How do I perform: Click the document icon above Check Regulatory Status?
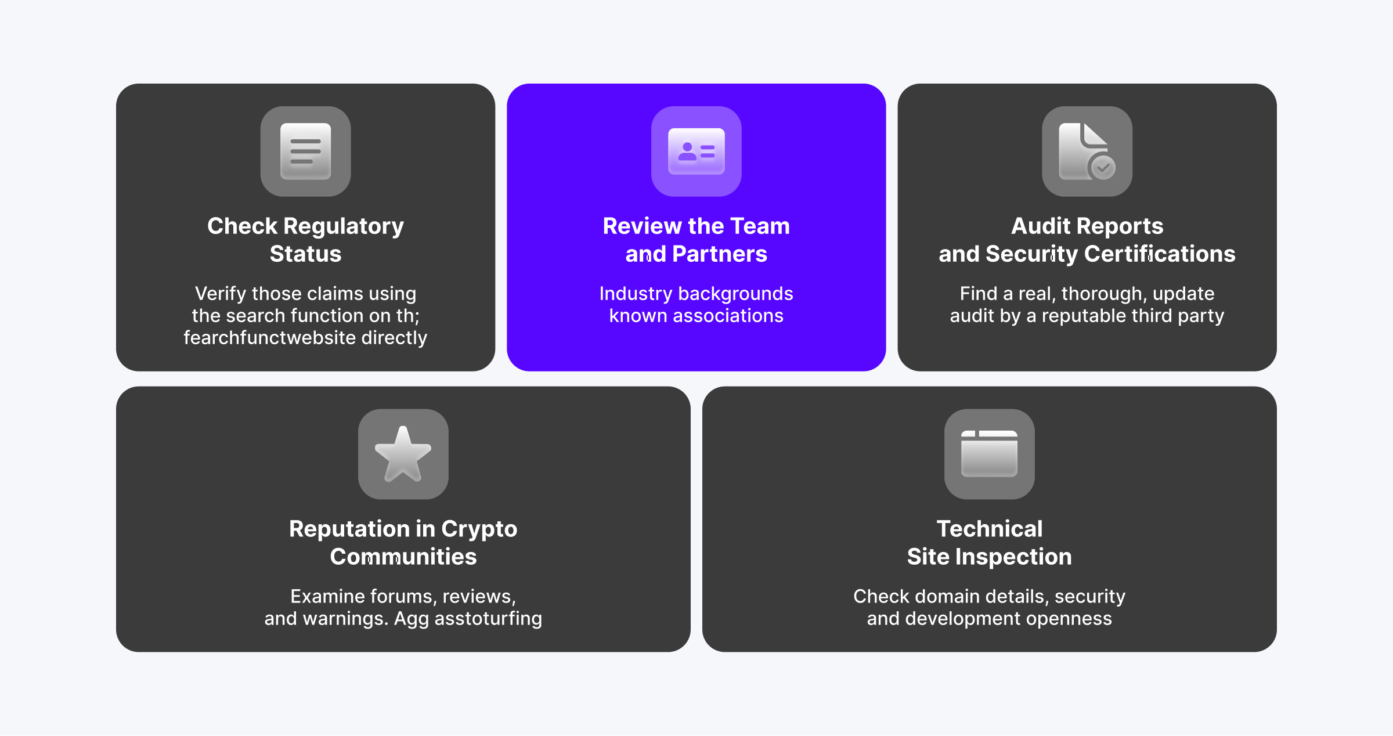[305, 151]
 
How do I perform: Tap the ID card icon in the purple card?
[696, 151]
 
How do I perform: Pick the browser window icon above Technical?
[989, 454]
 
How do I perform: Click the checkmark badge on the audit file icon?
[1103, 168]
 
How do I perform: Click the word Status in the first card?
[306, 254]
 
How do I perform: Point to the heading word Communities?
[403, 557]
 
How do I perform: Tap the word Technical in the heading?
[990, 529]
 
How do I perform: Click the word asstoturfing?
[488, 619]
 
